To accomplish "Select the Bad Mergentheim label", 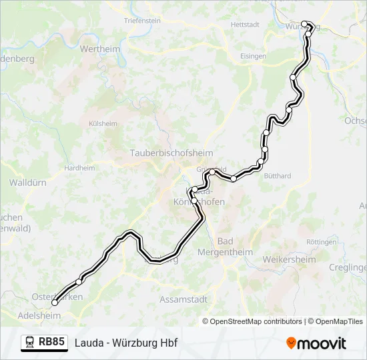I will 226,247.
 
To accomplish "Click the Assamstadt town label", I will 183,300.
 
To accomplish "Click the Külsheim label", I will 103,124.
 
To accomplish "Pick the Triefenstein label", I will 142,21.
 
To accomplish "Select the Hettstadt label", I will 244,24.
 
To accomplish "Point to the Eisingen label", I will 253,57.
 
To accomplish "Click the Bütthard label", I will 277,176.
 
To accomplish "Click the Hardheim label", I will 79,168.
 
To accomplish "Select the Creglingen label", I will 348,267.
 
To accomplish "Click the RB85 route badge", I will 51,343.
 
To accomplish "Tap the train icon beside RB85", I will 30,343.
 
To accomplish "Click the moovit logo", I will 316,343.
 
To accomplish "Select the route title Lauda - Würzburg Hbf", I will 126,343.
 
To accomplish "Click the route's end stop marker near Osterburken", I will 55,303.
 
